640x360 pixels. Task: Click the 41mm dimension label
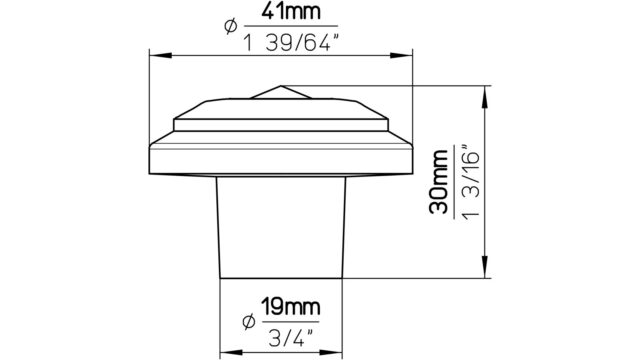(291, 12)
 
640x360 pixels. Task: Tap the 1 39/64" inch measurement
(292, 43)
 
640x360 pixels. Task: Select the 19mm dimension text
(290, 307)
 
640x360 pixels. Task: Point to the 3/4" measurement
(291, 338)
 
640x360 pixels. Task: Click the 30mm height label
(439, 182)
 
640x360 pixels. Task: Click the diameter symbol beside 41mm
(230, 26)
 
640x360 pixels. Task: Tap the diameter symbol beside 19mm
(248, 322)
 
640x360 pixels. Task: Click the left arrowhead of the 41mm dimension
(161, 55)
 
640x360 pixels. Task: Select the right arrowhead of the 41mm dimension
(401, 55)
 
